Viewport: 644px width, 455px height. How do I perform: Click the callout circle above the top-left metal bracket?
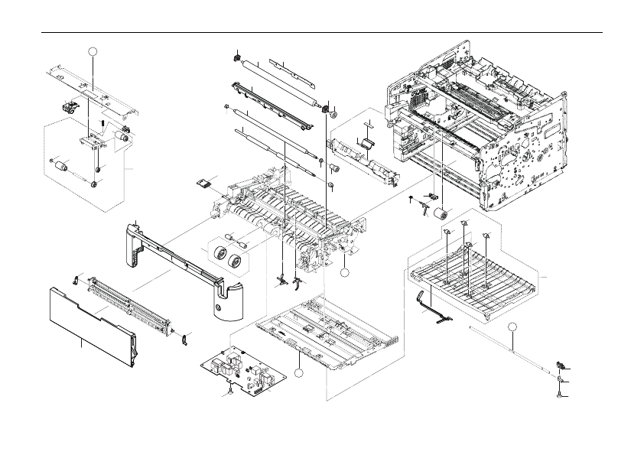93,51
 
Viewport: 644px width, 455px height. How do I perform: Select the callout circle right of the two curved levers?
345,271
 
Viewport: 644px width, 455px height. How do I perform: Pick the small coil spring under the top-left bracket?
102,123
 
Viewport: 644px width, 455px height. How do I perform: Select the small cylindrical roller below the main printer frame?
441,215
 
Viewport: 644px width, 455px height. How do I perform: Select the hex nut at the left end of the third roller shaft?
227,106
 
